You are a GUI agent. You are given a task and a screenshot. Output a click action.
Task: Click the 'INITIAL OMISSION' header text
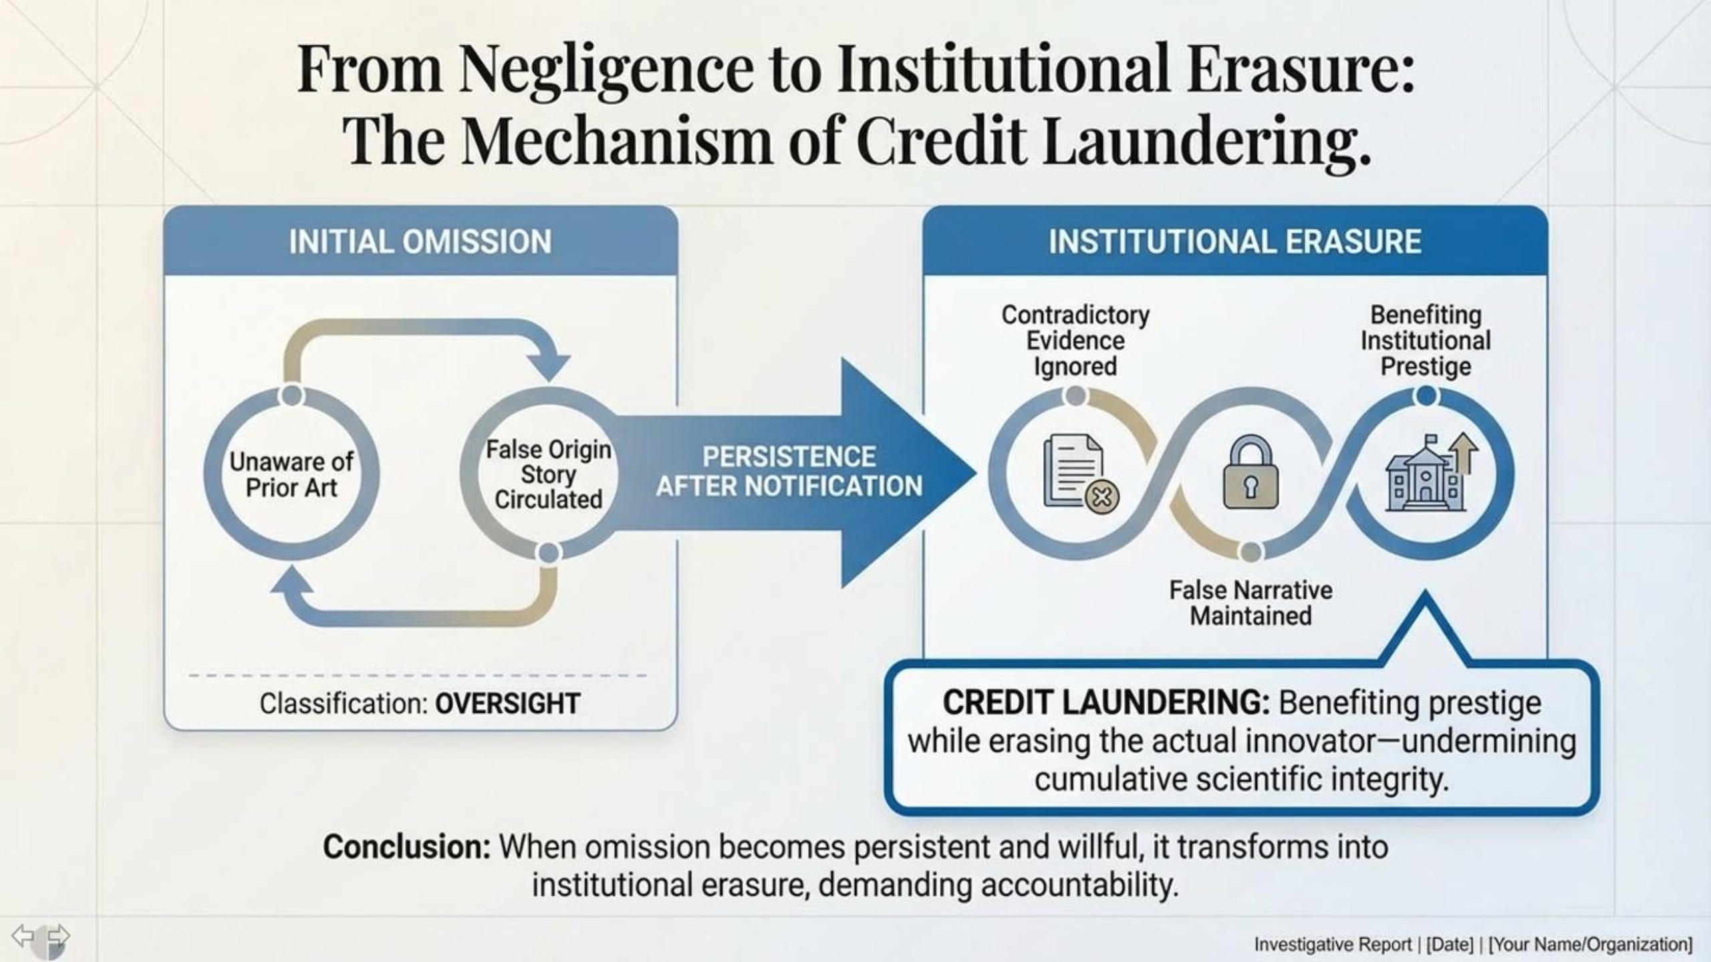coord(420,242)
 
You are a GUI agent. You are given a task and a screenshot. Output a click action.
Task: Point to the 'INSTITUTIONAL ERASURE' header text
coord(1234,242)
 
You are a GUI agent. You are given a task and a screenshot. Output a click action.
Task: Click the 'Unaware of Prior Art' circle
coord(291,474)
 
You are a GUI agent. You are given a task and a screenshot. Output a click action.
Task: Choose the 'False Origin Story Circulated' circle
coord(548,474)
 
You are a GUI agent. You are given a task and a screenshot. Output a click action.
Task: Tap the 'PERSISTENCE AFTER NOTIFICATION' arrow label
coord(789,472)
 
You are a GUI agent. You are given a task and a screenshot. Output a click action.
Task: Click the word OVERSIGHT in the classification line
coord(507,703)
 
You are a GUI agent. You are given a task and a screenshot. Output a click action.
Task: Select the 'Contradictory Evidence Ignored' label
coord(1075,341)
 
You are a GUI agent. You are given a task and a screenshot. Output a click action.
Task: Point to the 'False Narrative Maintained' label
coord(1251,603)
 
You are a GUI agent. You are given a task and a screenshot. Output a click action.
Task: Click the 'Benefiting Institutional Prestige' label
coord(1426,341)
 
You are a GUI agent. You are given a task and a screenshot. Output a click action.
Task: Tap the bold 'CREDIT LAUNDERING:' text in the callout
coord(1106,703)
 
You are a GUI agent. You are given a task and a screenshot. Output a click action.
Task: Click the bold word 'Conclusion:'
coord(407,847)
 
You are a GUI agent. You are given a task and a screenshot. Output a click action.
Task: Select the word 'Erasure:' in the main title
coord(1301,69)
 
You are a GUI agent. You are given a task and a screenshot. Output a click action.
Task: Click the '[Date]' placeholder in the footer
coord(1449,945)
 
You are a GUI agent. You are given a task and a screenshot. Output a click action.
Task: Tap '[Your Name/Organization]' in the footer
coord(1591,945)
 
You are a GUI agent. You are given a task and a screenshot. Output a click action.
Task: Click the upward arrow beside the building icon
coord(1464,452)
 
